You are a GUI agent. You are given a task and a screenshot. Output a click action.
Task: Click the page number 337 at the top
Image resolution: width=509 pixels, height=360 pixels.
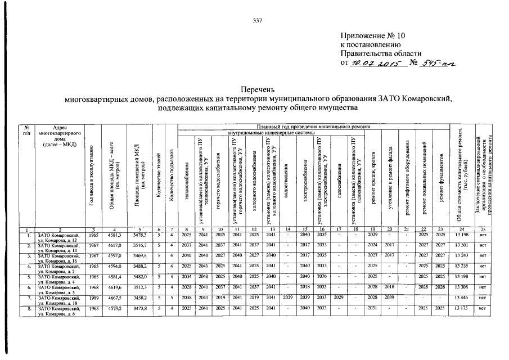pyautogui.click(x=258, y=20)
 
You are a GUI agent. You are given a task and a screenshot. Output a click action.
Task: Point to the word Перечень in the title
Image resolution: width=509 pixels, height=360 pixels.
pyautogui.click(x=258, y=89)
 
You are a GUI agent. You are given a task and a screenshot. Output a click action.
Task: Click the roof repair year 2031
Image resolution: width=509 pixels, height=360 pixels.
pyautogui.click(x=372, y=309)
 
